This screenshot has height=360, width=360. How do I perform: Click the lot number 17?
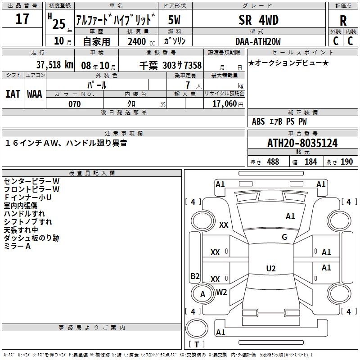[22, 19]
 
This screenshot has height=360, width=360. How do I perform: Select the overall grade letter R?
[343, 21]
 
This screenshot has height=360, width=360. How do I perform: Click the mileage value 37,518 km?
[54, 65]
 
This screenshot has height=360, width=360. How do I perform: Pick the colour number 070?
[74, 104]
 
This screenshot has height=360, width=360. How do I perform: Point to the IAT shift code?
[13, 94]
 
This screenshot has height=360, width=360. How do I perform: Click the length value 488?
[273, 162]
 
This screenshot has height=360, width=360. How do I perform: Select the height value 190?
[346, 162]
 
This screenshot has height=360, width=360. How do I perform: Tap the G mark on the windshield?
[284, 237]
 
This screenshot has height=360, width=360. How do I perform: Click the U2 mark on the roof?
[271, 269]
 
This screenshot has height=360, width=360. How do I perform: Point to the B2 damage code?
[195, 276]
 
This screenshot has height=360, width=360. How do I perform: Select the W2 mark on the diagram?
[221, 292]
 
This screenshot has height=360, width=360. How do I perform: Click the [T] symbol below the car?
[196, 344]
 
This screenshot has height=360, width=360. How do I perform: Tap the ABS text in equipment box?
[258, 121]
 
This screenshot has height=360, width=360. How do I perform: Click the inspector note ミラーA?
[17, 246]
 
